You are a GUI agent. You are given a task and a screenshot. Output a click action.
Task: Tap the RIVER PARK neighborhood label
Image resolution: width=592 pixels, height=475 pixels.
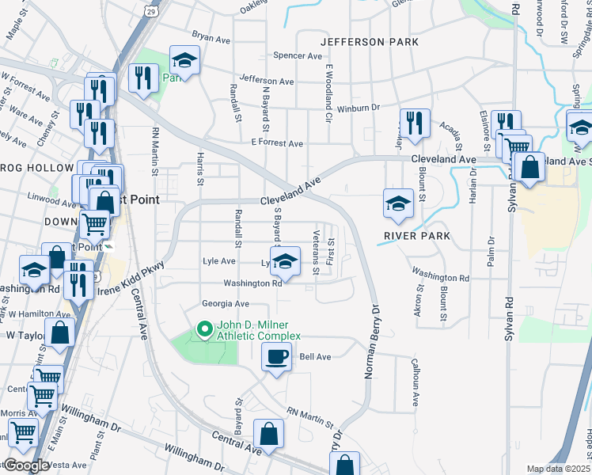tap(416, 236)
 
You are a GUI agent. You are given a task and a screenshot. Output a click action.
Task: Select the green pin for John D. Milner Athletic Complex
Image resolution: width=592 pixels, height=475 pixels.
tap(204, 328)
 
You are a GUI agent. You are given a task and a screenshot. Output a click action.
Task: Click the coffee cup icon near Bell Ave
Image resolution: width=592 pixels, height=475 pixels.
tap(275, 358)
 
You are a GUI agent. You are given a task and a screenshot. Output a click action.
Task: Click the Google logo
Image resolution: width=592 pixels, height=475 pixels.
tap(26, 465)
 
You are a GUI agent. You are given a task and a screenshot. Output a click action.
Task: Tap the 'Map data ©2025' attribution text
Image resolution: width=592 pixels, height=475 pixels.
tap(556, 469)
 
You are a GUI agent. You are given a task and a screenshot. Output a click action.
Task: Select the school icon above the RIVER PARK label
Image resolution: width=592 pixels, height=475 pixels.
tap(398, 203)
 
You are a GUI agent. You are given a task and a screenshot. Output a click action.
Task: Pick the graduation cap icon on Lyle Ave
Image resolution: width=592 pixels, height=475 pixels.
tap(287, 260)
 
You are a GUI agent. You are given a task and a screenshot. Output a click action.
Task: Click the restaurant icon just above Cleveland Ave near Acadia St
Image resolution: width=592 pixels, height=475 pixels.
tap(415, 122)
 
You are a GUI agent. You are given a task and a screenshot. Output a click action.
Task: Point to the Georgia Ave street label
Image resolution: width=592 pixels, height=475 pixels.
tap(225, 304)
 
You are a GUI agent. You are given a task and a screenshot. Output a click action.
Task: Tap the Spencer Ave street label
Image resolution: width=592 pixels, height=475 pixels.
tap(298, 56)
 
